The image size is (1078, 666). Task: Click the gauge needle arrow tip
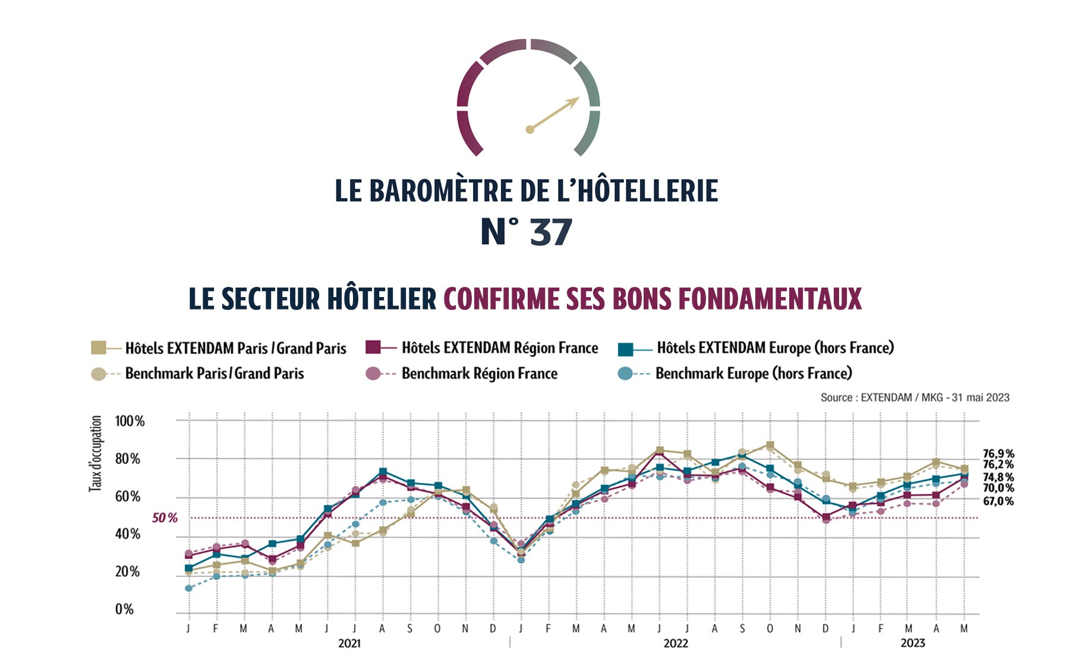(x=578, y=99)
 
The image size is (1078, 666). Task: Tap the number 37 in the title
(x=551, y=232)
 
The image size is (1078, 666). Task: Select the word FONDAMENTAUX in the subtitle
(x=770, y=299)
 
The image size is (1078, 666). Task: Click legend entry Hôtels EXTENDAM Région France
(x=499, y=348)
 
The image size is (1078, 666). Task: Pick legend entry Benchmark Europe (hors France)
(x=753, y=374)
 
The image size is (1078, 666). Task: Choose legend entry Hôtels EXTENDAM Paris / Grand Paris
(x=235, y=348)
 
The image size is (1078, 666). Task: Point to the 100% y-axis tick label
(x=130, y=422)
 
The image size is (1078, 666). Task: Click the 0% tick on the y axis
(x=124, y=610)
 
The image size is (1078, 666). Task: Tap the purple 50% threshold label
(x=165, y=518)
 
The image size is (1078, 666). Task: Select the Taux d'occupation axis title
(x=95, y=454)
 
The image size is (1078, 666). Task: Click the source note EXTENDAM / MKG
(x=915, y=397)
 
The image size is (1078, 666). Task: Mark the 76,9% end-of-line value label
(x=998, y=454)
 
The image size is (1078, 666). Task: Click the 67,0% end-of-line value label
(x=998, y=501)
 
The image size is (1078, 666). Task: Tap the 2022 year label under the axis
(x=676, y=643)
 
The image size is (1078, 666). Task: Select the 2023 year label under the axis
(x=912, y=643)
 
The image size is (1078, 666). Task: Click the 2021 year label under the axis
(x=349, y=643)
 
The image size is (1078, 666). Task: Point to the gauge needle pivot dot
(x=529, y=130)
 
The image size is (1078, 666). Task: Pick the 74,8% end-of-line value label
(x=998, y=477)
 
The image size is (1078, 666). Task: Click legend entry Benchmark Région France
(x=479, y=374)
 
